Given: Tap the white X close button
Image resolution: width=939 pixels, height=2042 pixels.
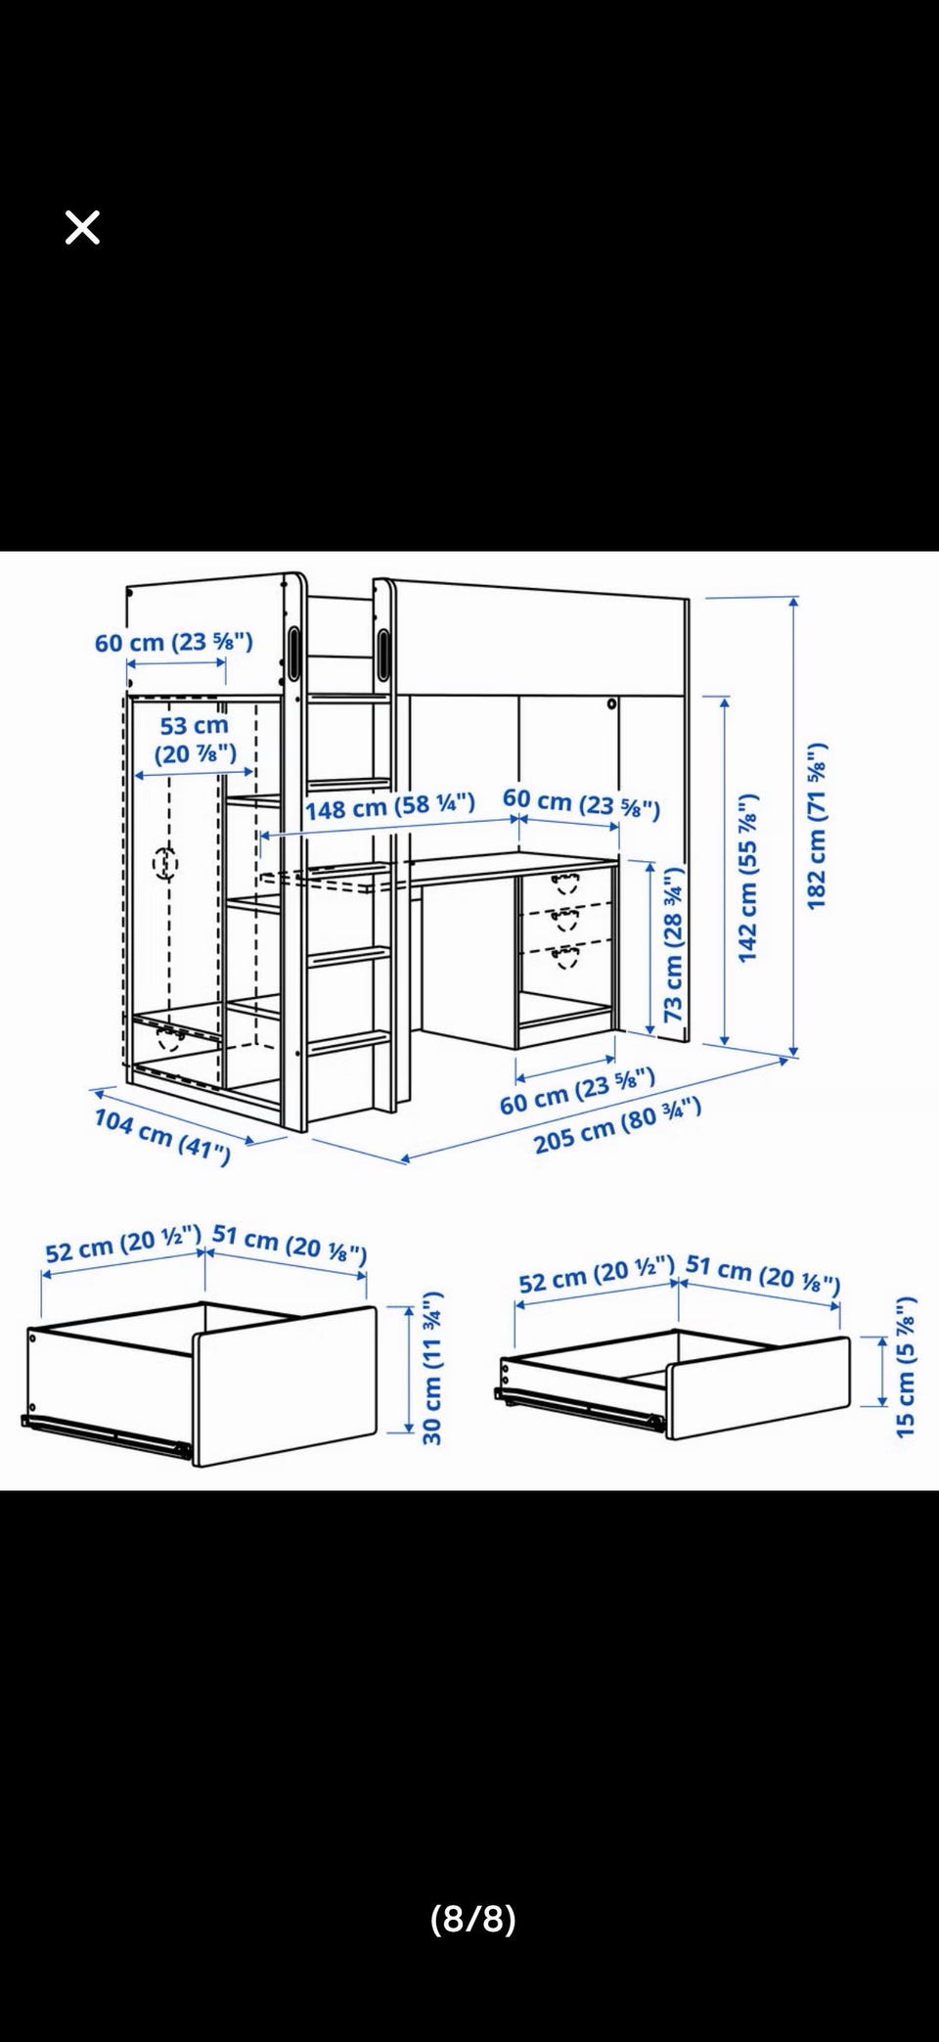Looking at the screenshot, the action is click(x=82, y=228).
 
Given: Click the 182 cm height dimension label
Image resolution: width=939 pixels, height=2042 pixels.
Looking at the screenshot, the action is click(x=817, y=826).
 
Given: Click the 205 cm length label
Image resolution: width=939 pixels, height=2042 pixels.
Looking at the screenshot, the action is click(x=617, y=1125).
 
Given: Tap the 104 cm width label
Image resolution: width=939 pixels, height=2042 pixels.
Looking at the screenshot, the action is click(x=162, y=1137).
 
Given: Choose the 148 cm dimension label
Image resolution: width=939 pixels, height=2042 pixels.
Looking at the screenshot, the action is click(x=390, y=807).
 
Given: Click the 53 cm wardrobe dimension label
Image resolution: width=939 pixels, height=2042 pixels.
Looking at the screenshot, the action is click(x=195, y=739).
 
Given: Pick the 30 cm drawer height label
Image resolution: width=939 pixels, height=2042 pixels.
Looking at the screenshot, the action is click(x=431, y=1368).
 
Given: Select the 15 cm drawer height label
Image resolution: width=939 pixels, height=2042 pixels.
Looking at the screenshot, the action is click(x=906, y=1366).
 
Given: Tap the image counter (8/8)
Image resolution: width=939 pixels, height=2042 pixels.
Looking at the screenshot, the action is click(x=473, y=1919).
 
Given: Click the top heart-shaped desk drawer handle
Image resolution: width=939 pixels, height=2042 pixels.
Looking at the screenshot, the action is click(x=564, y=884).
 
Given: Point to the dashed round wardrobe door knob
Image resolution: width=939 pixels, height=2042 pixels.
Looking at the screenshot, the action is click(x=166, y=863).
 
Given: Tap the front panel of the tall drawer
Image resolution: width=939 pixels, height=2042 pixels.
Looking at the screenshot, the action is click(x=285, y=1384).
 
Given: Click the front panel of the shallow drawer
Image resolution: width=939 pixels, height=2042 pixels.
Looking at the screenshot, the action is click(x=758, y=1386).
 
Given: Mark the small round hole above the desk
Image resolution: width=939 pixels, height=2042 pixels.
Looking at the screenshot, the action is click(x=612, y=703).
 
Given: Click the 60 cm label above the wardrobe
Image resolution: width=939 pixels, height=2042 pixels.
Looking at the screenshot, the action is click(x=174, y=642).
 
